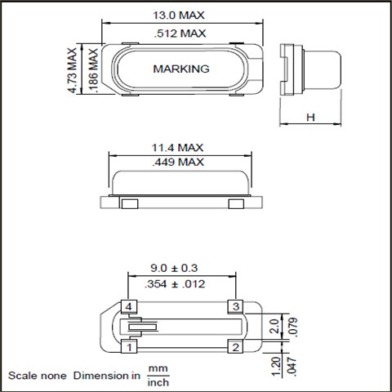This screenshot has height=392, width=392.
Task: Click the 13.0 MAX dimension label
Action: tap(179, 16)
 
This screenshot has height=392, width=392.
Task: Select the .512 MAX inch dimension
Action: tap(180, 33)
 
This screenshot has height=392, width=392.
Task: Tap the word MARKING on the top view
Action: tap(181, 69)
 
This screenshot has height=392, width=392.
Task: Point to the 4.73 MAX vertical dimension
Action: tap(73, 70)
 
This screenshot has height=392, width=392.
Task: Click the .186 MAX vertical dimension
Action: tap(93, 71)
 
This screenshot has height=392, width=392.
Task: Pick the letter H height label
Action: tap(310, 118)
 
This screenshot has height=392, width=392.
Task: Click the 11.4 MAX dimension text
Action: tap(177, 148)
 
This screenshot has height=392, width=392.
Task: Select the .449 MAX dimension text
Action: tap(178, 163)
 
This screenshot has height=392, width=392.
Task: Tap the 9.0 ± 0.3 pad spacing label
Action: tap(174, 268)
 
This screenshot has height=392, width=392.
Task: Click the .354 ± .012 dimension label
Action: tap(175, 284)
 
